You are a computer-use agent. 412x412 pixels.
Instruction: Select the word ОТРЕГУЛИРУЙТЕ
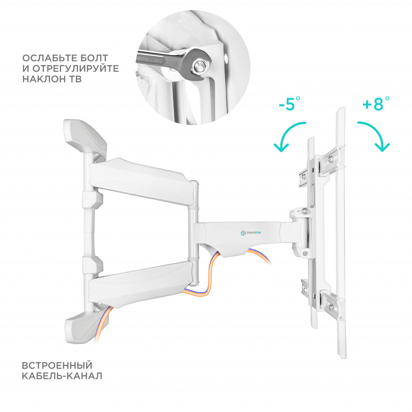pos(75,68)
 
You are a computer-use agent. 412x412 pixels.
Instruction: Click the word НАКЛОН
pos(43,79)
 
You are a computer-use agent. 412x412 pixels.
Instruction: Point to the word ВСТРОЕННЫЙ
pos(57,365)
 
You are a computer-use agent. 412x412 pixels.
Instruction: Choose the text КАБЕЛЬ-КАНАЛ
pos(62,376)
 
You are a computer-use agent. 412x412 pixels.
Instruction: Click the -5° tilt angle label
pos(290,104)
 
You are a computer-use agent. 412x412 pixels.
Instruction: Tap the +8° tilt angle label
pos(376,103)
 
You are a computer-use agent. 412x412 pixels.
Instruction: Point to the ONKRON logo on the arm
pos(251,233)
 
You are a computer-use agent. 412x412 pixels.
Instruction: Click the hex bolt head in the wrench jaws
pos(200,66)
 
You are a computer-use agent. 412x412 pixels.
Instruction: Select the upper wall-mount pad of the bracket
pos(85,138)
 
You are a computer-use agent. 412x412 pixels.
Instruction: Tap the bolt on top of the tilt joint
pos(305,211)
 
